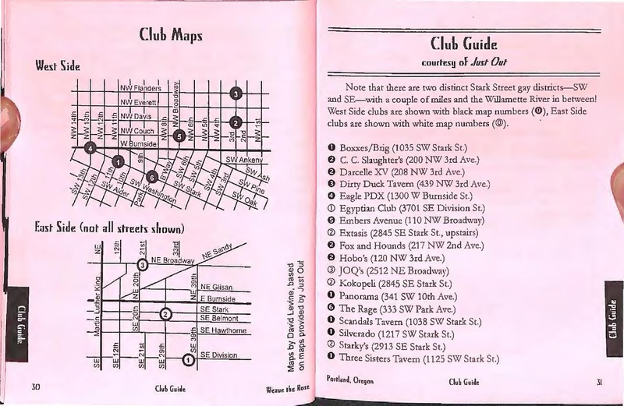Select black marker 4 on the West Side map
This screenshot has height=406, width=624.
[x=91, y=148]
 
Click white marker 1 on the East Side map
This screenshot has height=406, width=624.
[x=188, y=359]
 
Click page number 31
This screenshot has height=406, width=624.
[x=600, y=382]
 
